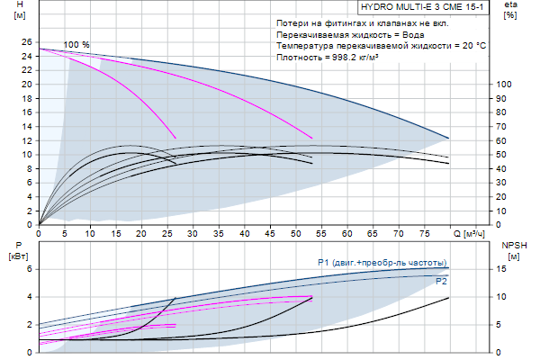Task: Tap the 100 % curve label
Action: coord(76,45)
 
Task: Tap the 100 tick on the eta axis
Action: coord(504,85)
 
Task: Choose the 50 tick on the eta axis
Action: coord(504,155)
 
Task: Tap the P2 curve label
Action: coord(441,281)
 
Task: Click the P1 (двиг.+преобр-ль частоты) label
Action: coord(382,262)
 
